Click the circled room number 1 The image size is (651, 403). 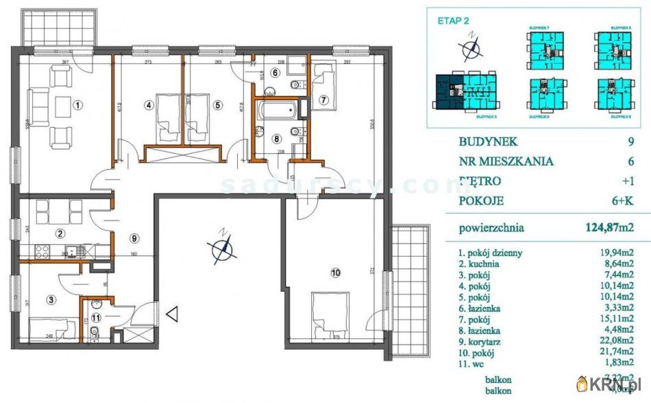(x=78, y=105)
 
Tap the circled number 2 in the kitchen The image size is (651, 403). (x=60, y=233)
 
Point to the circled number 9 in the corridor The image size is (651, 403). (x=135, y=238)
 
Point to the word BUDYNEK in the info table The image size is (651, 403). (x=488, y=142)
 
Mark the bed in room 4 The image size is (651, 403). (x=166, y=117)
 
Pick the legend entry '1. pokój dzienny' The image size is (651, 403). (x=491, y=253)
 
